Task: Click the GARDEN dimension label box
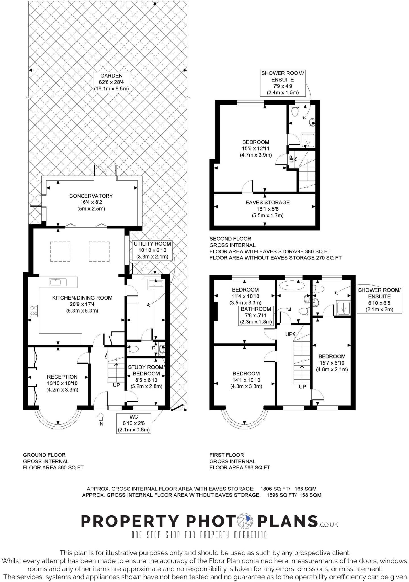pos(111,82)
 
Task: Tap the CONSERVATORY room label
pos(91,202)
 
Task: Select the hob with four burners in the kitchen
pos(34,310)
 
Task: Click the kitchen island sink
pos(58,282)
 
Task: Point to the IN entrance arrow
pos(101,417)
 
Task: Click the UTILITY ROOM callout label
pos(152,250)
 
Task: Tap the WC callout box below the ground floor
pos(134,423)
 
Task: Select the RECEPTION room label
pos(62,383)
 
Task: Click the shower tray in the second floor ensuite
pos(308,140)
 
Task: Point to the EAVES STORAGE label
pos(268,209)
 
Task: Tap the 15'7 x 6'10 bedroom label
pos(332,363)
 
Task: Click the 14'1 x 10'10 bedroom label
pos(246,380)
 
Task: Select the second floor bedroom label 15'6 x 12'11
pos(256,148)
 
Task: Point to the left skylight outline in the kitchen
pos(60,251)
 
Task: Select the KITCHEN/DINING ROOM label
pos(82,304)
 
